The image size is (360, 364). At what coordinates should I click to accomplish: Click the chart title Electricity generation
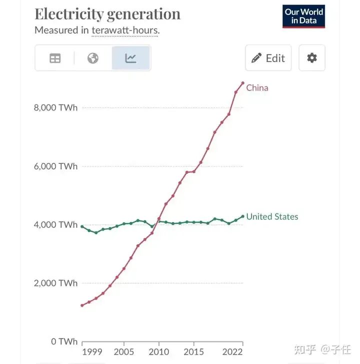(107, 13)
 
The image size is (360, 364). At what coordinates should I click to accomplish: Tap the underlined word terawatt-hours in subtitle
(125, 30)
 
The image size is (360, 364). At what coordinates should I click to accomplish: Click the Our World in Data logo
(303, 16)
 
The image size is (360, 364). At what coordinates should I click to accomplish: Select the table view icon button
(55, 58)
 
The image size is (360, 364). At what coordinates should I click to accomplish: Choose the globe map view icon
(92, 58)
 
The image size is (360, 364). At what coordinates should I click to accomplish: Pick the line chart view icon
(130, 58)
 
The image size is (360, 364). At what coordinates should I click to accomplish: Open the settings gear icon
(311, 58)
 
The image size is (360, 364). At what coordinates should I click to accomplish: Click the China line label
(257, 88)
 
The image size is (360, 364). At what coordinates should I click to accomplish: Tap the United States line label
(272, 216)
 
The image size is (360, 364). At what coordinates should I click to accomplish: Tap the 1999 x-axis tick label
(92, 352)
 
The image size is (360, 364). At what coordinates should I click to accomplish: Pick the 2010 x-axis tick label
(159, 352)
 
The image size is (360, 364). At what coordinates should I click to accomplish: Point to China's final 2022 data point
(242, 83)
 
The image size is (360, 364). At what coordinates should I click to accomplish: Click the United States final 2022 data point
(242, 216)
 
